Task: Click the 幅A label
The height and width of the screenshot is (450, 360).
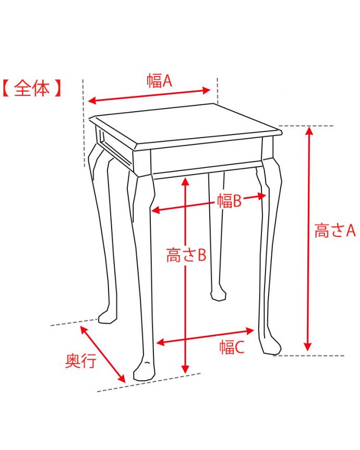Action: (159, 80)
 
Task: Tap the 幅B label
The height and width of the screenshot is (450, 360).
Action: (229, 200)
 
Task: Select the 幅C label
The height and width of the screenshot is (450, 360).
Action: (232, 347)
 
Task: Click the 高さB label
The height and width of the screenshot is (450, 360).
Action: (186, 254)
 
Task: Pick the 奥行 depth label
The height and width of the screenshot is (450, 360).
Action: (81, 361)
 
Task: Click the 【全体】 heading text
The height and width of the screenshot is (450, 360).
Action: (32, 88)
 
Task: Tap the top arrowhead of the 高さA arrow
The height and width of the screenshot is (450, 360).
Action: (309, 130)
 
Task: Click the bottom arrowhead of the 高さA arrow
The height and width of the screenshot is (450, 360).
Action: (308, 346)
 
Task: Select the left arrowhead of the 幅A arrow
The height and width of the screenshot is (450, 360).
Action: (92, 101)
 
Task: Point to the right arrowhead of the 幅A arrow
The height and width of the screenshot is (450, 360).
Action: (207, 90)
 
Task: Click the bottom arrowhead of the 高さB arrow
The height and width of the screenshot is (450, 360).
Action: (186, 369)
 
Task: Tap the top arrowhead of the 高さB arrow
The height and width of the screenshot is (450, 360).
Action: (186, 181)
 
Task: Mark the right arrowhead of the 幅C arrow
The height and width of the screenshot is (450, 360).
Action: (250, 331)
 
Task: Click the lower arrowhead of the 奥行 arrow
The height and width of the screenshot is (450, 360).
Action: (122, 379)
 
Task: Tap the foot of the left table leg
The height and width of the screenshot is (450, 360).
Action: (107, 317)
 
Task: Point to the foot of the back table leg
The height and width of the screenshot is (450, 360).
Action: (218, 295)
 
